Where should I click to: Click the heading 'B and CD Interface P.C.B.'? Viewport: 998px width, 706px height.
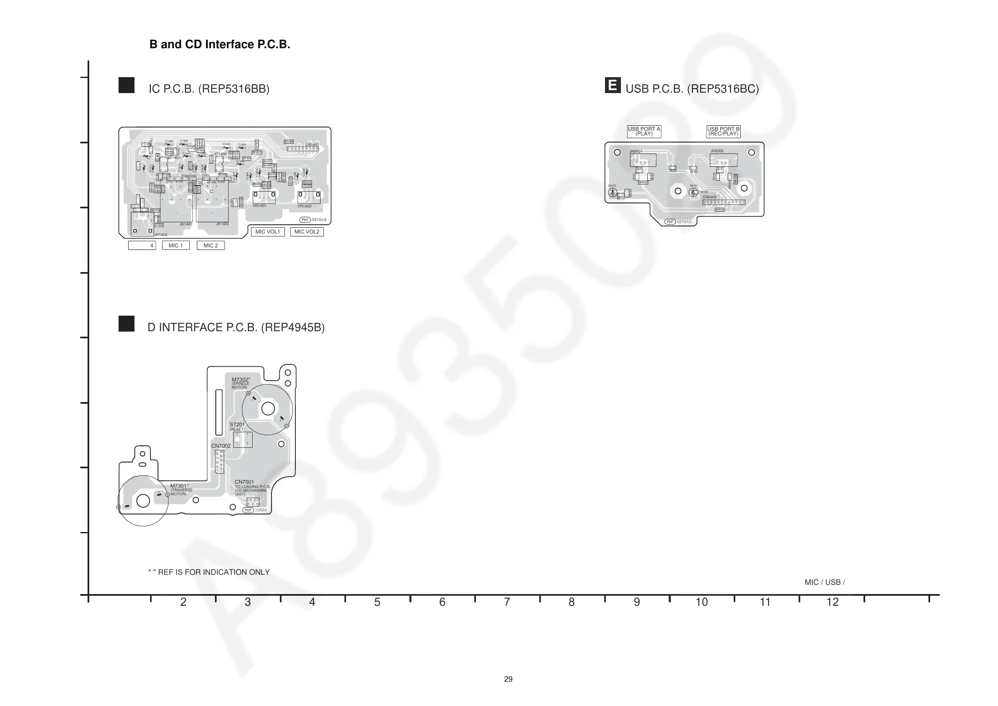pyautogui.click(x=220, y=44)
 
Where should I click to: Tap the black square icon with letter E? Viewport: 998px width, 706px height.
pyautogui.click(x=613, y=85)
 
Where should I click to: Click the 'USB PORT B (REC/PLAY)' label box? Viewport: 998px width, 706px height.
pyautogui.click(x=723, y=131)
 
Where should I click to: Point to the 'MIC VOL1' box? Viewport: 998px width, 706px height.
pyautogui.click(x=268, y=232)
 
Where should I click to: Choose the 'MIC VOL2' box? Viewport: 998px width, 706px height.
pyautogui.click(x=307, y=232)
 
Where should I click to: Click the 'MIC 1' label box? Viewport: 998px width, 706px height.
pyautogui.click(x=176, y=245)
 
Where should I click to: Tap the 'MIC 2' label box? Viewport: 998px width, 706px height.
pyautogui.click(x=211, y=245)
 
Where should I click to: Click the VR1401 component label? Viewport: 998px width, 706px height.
pyautogui.click(x=259, y=206)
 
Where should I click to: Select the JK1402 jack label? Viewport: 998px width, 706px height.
pyautogui.click(x=161, y=235)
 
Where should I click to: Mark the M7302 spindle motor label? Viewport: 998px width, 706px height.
pyautogui.click(x=241, y=380)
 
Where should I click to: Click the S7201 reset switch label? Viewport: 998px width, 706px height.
pyautogui.click(x=237, y=425)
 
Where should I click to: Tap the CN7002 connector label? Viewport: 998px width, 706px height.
pyautogui.click(x=221, y=446)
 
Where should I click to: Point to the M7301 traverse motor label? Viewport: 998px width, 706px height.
pyautogui.click(x=179, y=486)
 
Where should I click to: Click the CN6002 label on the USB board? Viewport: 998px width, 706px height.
pyautogui.click(x=710, y=197)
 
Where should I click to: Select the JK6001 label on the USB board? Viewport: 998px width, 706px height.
pyautogui.click(x=636, y=151)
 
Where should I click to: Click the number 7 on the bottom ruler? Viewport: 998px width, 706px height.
pyautogui.click(x=507, y=602)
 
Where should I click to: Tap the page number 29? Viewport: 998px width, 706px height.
pyautogui.click(x=508, y=679)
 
